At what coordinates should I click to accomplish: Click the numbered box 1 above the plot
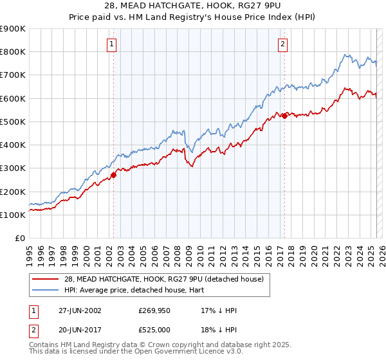pos(112,44)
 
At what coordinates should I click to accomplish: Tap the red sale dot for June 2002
pos(114,174)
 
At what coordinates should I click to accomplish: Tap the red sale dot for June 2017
pos(284,116)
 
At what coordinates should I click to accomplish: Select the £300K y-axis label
pos(14,168)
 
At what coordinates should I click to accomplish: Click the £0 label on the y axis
pos(20,239)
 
